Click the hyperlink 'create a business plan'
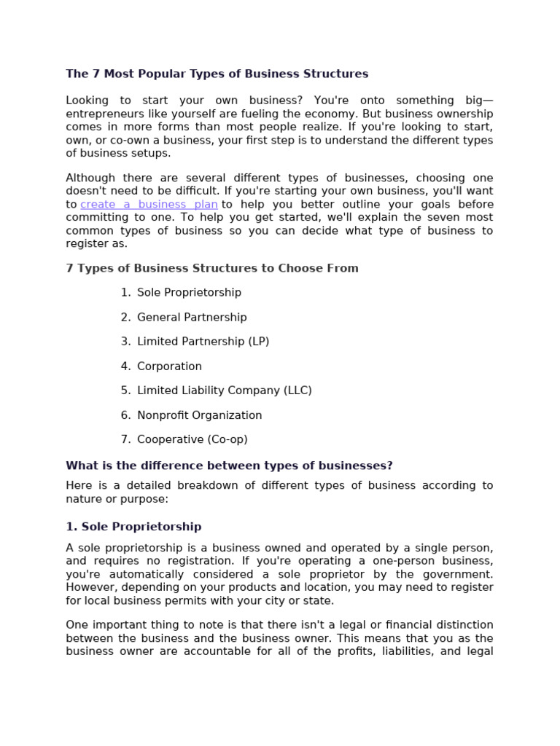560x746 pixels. [149, 205]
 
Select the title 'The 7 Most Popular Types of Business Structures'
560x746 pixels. [217, 74]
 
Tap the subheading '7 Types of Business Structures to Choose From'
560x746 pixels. [212, 268]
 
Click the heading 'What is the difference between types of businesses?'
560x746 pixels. [229, 466]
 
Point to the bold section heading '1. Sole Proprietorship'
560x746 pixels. [133, 527]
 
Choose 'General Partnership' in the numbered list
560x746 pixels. [192, 318]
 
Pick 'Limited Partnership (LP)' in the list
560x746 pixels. [203, 342]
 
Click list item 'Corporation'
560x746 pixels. [169, 366]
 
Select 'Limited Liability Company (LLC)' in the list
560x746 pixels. [224, 390]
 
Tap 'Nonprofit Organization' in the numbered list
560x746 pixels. [199, 415]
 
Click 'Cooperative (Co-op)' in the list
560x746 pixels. [192, 439]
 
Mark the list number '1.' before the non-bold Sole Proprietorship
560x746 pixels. [125, 293]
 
